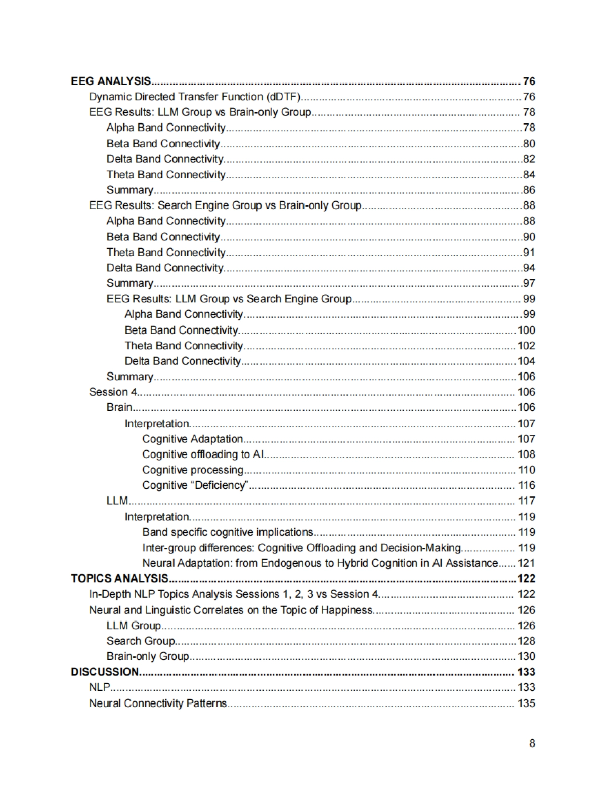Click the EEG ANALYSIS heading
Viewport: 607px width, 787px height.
[111, 81]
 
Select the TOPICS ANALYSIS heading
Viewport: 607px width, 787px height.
[119, 578]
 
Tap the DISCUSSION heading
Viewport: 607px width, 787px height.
[105, 672]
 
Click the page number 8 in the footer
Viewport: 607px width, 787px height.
[532, 743]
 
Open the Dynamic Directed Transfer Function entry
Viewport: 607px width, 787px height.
[195, 97]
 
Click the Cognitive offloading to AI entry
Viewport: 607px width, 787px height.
[203, 454]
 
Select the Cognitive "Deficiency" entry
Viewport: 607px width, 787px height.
[195, 485]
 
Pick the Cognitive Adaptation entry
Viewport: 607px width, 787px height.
[192, 439]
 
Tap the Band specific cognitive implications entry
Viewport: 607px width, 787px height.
[227, 532]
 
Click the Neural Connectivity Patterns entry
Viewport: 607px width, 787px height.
[158, 703]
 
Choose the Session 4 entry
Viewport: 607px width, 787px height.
[113, 392]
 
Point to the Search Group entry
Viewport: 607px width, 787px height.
[141, 641]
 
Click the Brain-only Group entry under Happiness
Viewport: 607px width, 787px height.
[148, 656]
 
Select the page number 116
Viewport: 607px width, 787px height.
[526, 485]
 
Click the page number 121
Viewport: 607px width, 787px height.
[526, 563]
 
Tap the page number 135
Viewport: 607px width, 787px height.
[526, 703]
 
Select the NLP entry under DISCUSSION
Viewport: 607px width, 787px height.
[100, 687]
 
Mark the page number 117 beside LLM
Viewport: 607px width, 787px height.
[526, 501]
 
